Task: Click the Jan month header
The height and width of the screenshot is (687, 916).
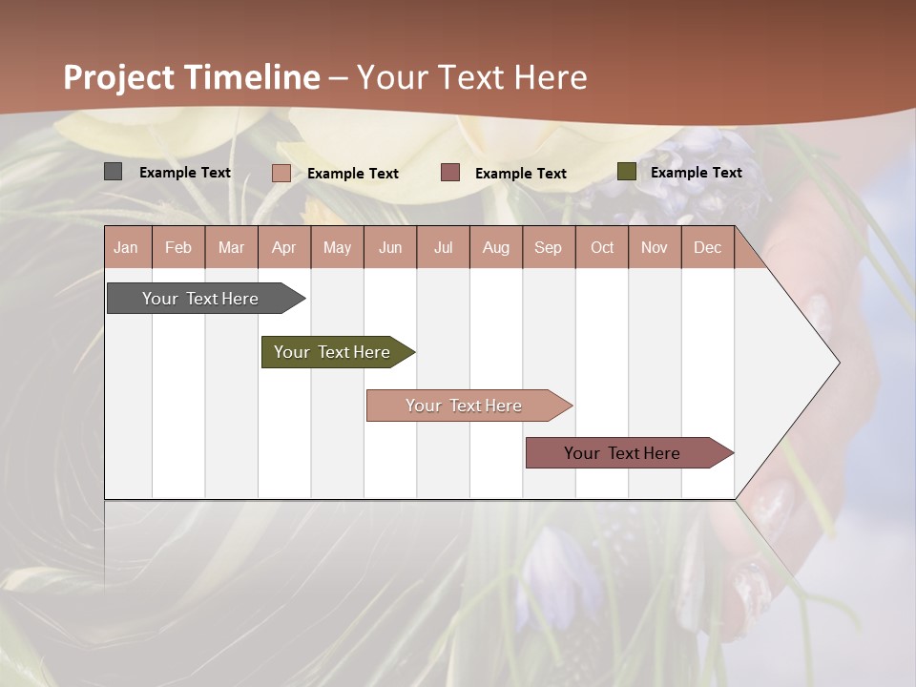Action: click(x=127, y=247)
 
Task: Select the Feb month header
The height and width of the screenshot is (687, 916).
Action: click(x=178, y=247)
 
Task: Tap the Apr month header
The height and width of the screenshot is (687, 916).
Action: click(x=284, y=247)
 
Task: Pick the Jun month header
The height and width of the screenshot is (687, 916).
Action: click(x=390, y=247)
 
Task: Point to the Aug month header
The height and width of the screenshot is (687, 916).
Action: click(x=496, y=247)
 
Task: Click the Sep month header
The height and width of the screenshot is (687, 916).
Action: click(x=549, y=247)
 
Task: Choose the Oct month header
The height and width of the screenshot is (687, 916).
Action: click(x=602, y=247)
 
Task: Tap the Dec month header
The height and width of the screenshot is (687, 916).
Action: click(x=708, y=247)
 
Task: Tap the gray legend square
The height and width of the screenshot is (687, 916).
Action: click(x=114, y=172)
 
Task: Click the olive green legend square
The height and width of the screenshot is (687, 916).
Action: click(x=627, y=172)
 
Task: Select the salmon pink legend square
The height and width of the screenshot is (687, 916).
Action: click(x=281, y=173)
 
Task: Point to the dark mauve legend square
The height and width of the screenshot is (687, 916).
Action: click(x=450, y=173)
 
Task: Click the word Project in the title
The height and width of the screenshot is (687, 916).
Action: click(x=120, y=77)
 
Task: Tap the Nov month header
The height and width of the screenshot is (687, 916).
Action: click(x=655, y=247)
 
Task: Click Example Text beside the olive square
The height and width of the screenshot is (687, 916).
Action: click(x=697, y=173)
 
